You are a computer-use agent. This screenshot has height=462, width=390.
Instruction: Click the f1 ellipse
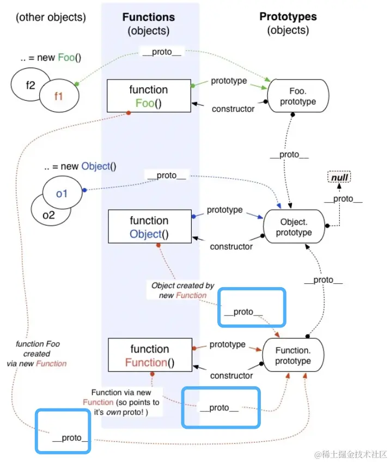pos(59,96)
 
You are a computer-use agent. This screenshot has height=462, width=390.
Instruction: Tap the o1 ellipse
pos(62,193)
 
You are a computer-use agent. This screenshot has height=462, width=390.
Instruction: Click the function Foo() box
pos(149,96)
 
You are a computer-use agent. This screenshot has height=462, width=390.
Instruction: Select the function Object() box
pos(149,227)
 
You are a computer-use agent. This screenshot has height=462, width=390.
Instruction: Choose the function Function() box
pos(149,356)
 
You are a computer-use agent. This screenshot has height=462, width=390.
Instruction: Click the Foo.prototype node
pos(294,96)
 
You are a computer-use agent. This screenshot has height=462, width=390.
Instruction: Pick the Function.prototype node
pos(293,355)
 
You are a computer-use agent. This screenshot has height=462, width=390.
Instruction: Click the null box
pos(339,177)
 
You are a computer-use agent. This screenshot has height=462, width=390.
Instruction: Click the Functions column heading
pos(149,17)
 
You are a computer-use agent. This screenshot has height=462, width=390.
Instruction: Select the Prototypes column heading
pos(288,16)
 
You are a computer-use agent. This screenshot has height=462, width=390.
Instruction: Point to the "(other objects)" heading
pos(51,17)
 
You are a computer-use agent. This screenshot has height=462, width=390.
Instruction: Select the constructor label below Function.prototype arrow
pos(231,375)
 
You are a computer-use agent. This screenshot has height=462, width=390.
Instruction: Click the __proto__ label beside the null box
pos(343,199)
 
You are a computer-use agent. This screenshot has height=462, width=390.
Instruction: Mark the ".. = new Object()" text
pos(81,166)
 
